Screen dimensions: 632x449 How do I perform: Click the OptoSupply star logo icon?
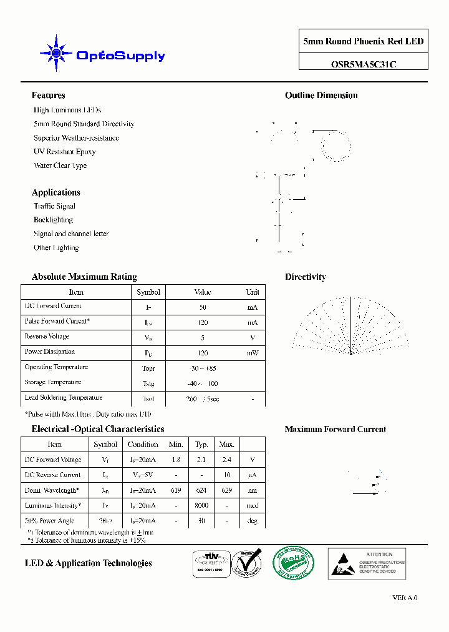56,54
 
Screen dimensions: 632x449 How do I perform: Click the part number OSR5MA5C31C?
363,63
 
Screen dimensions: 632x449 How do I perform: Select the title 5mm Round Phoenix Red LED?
363,42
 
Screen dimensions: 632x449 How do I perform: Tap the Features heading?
48,96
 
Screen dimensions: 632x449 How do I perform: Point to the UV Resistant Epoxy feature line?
64,152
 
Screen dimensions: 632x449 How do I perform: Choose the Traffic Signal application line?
54,206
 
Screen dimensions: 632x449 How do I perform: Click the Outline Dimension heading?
321,96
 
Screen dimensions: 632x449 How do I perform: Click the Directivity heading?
305,277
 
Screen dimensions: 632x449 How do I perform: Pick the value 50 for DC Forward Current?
203,307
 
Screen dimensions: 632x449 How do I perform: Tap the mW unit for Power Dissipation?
252,353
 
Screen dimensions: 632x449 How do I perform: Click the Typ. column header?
201,445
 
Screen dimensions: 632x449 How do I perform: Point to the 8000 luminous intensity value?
201,506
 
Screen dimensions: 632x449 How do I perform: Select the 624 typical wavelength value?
201,490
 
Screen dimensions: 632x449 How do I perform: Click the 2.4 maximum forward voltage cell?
226,460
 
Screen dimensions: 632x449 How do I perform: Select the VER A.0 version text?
405,598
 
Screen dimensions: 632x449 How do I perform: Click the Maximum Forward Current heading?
335,430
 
